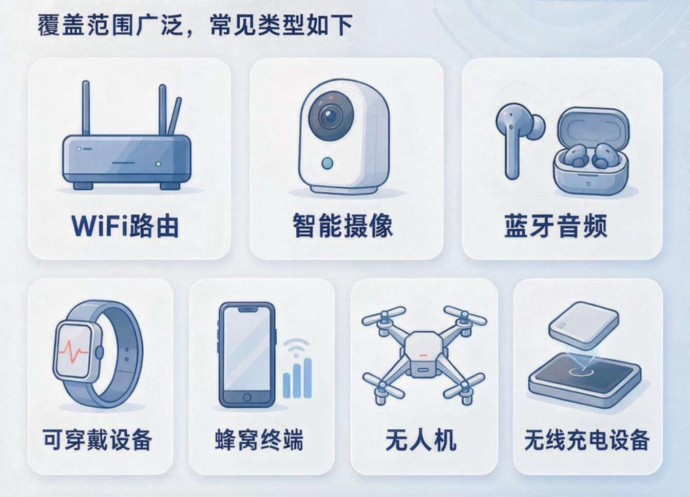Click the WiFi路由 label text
coord(125,226)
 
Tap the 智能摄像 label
coord(342,226)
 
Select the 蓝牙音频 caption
coord(555,226)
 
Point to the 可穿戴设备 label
coord(98,440)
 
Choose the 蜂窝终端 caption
coord(259,440)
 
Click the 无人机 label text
coord(421,440)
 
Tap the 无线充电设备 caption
coord(587,440)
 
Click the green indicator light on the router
coord(158,164)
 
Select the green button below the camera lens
coord(327,163)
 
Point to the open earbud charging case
coord(591,151)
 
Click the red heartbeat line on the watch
coord(73,351)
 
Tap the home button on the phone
coord(247,397)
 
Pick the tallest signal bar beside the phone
coord(308,378)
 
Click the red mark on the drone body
coord(424,355)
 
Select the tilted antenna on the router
coord(175,116)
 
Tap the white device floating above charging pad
coord(583,325)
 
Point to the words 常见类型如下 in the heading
coord(281,26)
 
